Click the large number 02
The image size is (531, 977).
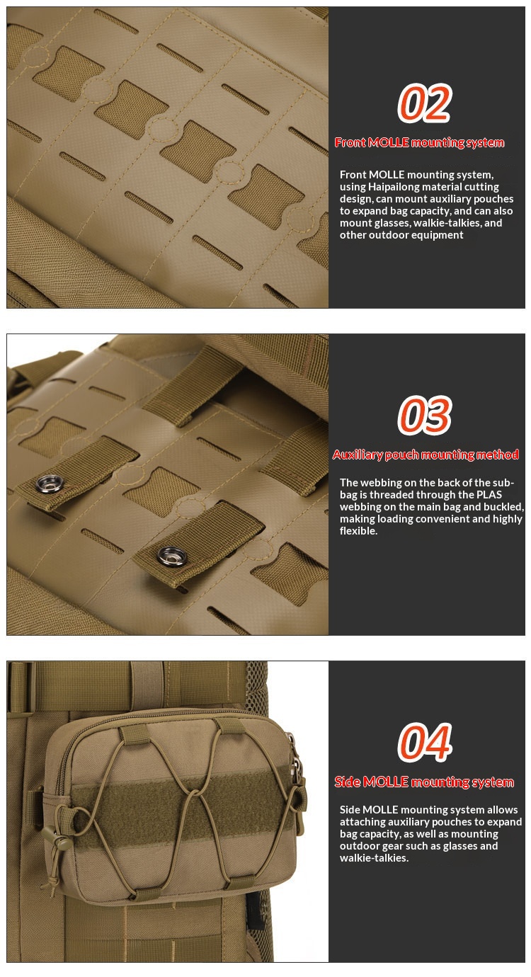[423, 103]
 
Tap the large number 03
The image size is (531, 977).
[424, 415]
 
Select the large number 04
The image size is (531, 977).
[425, 742]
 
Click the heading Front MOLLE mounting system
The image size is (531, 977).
[419, 142]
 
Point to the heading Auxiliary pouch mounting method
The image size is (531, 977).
[426, 455]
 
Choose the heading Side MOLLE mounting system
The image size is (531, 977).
[424, 782]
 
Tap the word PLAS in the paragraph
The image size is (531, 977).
[489, 495]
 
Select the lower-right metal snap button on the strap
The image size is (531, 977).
[172, 556]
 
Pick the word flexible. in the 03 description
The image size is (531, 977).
[359, 531]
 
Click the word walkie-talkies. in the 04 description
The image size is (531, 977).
[374, 858]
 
